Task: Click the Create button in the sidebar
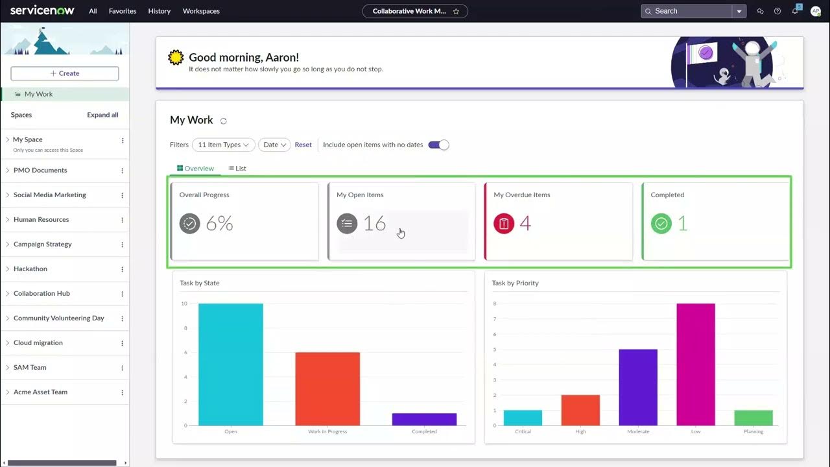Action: click(65, 73)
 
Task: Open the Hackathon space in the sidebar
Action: click(30, 269)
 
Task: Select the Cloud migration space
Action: click(38, 342)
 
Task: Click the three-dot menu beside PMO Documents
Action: click(122, 171)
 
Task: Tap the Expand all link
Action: click(102, 115)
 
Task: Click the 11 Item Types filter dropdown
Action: click(223, 145)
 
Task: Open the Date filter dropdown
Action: click(274, 145)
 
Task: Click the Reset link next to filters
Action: click(303, 145)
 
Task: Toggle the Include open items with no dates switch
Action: click(438, 145)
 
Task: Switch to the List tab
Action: click(237, 169)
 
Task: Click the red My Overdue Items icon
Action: click(504, 224)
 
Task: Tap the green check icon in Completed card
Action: click(661, 224)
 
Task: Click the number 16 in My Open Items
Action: click(374, 224)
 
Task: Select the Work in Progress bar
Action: click(327, 389)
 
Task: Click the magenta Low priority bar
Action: click(696, 364)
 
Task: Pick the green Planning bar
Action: click(753, 418)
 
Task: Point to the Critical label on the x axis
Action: click(523, 431)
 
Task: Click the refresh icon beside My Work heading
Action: click(224, 121)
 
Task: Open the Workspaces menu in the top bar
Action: click(201, 11)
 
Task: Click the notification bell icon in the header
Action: click(795, 11)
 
